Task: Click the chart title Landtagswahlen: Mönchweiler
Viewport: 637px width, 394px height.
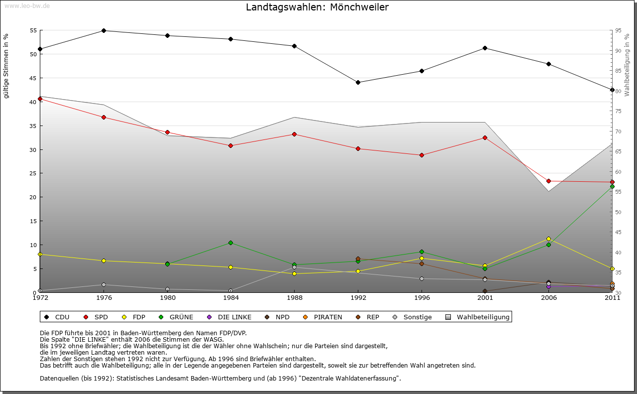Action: click(x=317, y=7)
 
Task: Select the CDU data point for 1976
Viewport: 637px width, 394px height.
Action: click(x=104, y=30)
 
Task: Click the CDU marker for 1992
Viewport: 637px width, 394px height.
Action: click(x=358, y=82)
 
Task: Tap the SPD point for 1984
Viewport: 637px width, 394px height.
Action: click(x=231, y=145)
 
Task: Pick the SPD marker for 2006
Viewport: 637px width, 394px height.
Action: click(x=548, y=181)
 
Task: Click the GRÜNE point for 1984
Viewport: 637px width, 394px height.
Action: click(x=231, y=243)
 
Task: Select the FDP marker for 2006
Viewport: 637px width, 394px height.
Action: click(x=548, y=239)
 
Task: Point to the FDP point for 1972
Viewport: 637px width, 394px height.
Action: click(x=40, y=254)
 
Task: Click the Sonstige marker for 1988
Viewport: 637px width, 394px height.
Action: click(x=295, y=267)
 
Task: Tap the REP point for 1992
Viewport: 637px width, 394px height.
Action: click(x=358, y=259)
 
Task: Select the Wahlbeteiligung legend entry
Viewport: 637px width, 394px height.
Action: click(x=477, y=317)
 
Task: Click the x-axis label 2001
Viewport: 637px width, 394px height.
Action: click(x=485, y=298)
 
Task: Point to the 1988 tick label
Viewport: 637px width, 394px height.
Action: click(x=295, y=298)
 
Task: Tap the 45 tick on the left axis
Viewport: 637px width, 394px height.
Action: click(x=34, y=78)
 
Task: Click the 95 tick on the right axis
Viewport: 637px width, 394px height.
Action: click(x=618, y=30)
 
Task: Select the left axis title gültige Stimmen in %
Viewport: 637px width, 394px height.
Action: click(x=6, y=66)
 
